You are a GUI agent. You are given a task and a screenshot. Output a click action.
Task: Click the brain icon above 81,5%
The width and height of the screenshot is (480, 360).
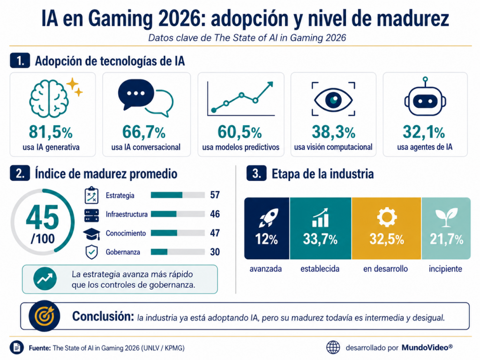49,98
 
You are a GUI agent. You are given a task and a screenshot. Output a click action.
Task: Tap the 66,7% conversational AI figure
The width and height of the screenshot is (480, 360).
144,132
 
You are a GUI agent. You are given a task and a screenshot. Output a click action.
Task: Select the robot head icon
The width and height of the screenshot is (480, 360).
425,97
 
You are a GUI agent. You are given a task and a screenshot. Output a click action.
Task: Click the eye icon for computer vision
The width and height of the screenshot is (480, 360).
333,99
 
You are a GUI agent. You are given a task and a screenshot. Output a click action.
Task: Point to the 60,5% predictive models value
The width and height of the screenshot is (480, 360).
240,132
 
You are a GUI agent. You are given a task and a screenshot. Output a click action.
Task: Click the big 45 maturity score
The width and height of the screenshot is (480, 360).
42,217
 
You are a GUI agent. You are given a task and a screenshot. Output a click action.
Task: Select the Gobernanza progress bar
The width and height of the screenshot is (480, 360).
178,252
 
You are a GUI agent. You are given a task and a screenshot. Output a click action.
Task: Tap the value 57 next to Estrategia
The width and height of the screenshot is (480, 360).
215,195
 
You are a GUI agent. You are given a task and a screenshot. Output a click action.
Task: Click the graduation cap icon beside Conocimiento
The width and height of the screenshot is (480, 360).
91,234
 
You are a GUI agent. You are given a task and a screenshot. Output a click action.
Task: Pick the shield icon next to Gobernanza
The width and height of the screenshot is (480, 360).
91,252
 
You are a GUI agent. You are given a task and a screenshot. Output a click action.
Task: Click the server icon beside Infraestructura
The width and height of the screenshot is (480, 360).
91,215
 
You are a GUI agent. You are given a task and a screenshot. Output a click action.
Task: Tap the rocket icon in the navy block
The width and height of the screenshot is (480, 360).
268,218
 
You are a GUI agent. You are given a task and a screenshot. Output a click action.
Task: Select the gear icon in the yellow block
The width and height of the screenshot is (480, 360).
387,217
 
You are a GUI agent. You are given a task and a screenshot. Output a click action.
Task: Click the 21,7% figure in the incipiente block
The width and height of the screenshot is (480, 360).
446,240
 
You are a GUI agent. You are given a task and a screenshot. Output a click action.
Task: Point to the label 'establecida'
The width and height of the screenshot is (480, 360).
320,269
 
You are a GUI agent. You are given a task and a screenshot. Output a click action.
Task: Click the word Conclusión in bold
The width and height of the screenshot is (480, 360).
103,316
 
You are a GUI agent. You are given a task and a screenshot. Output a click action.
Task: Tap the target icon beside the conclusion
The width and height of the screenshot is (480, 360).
45,316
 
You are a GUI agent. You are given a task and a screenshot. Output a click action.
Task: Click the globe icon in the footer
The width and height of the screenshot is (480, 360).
333,347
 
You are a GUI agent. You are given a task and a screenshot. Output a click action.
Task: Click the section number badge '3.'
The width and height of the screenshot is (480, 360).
256,173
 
